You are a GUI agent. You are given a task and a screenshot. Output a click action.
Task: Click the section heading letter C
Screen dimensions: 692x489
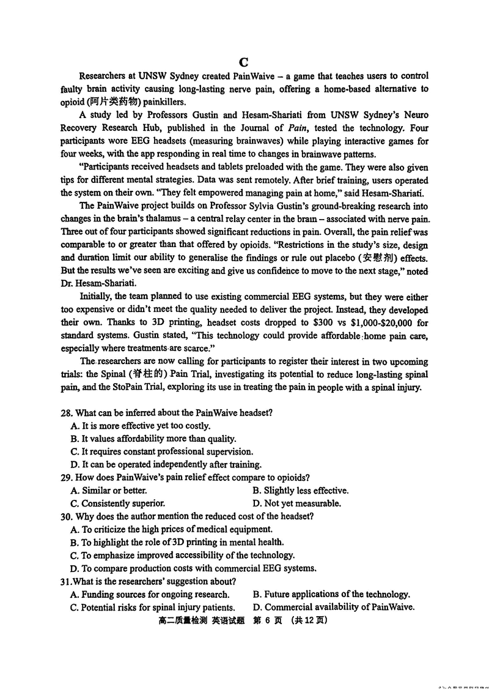pos(244,62)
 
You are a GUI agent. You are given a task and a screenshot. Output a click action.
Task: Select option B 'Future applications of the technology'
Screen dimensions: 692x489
pos(331,594)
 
